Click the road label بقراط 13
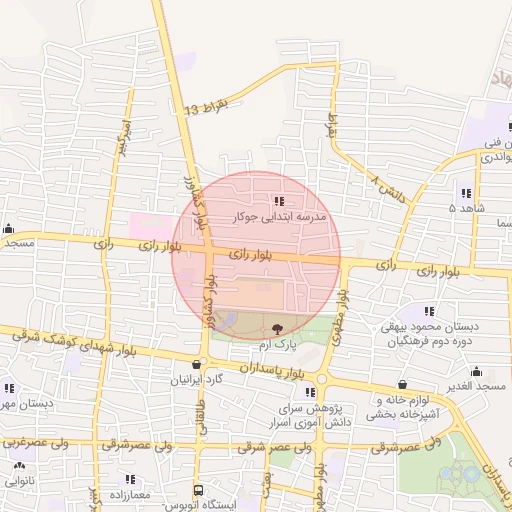(x=207, y=108)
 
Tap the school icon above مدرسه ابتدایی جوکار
(x=277, y=201)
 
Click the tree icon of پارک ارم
(x=278, y=327)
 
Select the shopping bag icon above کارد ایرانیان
(x=197, y=365)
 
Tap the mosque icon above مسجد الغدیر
(x=476, y=371)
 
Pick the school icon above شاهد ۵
(x=466, y=193)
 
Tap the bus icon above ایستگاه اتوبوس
(x=199, y=491)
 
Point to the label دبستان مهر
(x=22, y=404)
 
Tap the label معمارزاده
(x=125, y=495)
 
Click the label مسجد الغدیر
(x=478, y=386)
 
